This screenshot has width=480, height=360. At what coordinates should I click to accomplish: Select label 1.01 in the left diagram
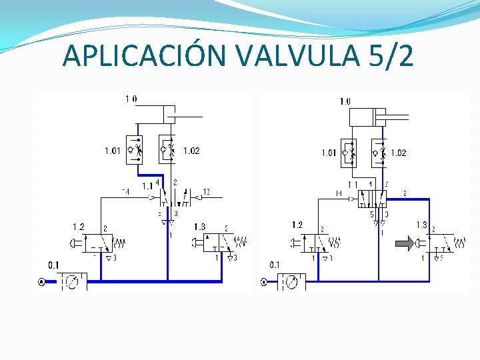113,151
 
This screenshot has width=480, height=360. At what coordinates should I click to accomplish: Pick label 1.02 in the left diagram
191,151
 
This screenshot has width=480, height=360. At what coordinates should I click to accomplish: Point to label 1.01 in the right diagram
329,153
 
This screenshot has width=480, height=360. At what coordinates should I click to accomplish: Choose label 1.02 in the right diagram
398,153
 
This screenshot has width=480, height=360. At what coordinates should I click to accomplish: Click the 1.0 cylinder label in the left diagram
131,99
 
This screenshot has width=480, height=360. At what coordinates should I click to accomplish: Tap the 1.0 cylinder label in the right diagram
345,101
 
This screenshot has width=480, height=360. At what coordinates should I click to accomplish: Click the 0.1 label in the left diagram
53,265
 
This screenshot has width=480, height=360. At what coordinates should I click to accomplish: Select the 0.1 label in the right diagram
275,265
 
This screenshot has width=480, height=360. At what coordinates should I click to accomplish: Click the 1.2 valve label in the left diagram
79,227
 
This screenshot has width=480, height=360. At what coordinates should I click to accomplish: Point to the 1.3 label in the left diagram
199,227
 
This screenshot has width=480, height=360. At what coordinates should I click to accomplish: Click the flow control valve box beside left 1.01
135,149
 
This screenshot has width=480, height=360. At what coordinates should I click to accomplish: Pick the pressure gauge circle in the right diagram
291,282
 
